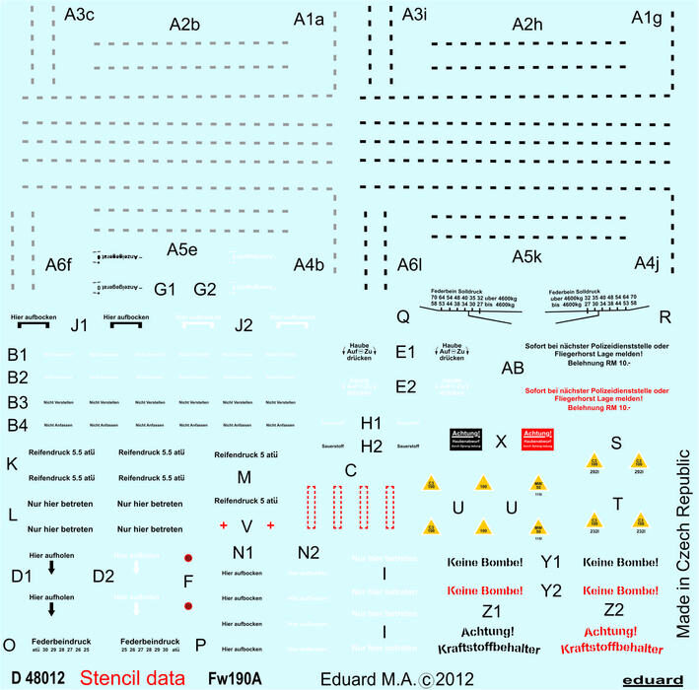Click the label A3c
pyautogui.click(x=80, y=15)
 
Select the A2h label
pyautogui.click(x=529, y=25)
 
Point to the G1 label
pyautogui.click(x=165, y=289)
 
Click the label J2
pyautogui.click(x=245, y=325)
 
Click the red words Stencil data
pyautogui.click(x=131, y=677)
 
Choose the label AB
pyautogui.click(x=513, y=368)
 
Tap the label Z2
pyautogui.click(x=613, y=609)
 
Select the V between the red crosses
pyautogui.click(x=246, y=523)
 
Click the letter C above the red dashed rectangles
pyautogui.click(x=350, y=470)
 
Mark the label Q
pyautogui.click(x=402, y=316)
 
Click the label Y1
pyautogui.click(x=551, y=562)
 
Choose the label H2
pyautogui.click(x=372, y=447)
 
